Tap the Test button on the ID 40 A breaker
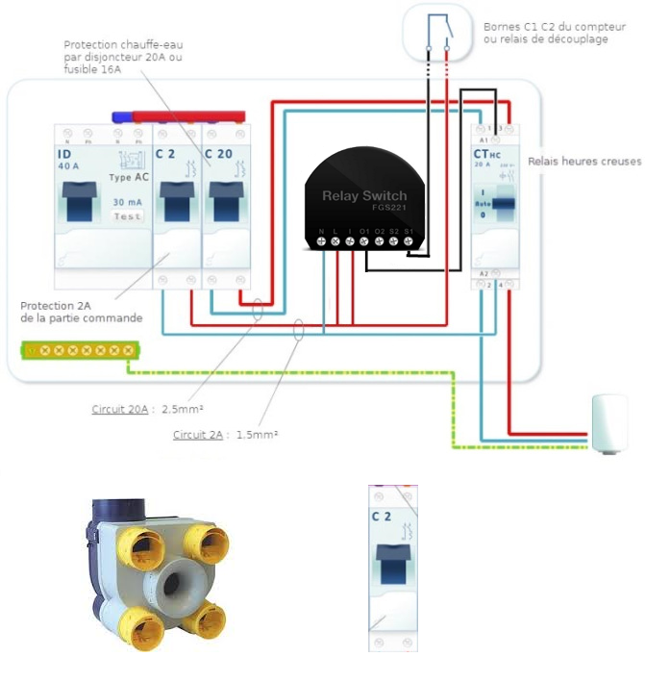tap(127, 216)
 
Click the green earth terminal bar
tap(79, 350)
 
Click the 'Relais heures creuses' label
tap(585, 162)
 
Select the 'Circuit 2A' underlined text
tap(197, 435)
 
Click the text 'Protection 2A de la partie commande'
tap(81, 312)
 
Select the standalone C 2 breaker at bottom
tap(393, 568)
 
